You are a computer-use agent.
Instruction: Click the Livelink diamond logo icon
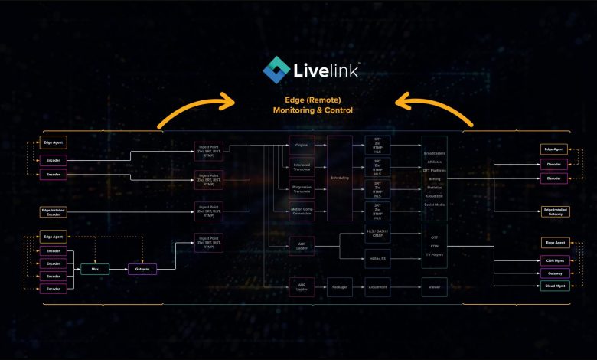pyautogui.click(x=276, y=70)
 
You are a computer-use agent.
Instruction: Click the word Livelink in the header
pyautogui.click(x=317, y=70)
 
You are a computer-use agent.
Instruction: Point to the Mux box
pyautogui.click(x=96, y=269)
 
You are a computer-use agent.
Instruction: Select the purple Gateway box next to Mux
pyautogui.click(x=142, y=269)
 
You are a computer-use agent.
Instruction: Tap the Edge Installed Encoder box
pyautogui.click(x=53, y=211)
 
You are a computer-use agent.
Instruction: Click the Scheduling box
pyautogui.click(x=339, y=177)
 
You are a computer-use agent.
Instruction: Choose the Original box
pyautogui.click(x=301, y=143)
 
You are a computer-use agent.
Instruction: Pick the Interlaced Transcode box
pyautogui.click(x=301, y=165)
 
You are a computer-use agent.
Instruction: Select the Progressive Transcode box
pyautogui.click(x=301, y=188)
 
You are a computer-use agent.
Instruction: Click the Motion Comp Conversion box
pyautogui.click(x=301, y=211)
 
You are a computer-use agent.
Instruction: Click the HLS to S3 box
pyautogui.click(x=377, y=259)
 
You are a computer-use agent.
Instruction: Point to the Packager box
pyautogui.click(x=339, y=290)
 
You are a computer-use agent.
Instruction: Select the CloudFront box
pyautogui.click(x=377, y=290)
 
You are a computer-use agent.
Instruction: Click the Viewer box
pyautogui.click(x=434, y=290)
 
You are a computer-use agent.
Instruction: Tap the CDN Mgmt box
pyautogui.click(x=555, y=260)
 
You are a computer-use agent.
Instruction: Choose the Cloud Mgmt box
pyautogui.click(x=555, y=286)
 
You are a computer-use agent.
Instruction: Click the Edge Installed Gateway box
pyautogui.click(x=555, y=211)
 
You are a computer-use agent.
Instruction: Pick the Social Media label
pyautogui.click(x=434, y=205)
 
